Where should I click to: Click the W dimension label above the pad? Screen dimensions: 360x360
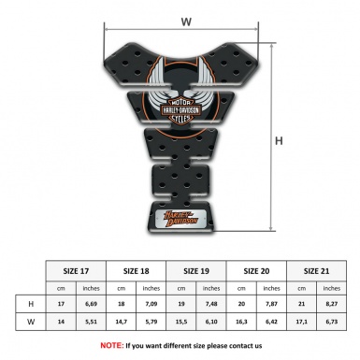(186, 20)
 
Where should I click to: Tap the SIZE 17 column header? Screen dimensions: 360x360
(77, 271)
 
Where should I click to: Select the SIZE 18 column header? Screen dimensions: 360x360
(137, 271)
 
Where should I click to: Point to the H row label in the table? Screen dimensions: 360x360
(31, 305)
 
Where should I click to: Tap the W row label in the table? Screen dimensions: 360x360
(31, 323)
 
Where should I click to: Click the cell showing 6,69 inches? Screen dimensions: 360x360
(92, 305)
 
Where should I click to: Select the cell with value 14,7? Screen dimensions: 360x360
(122, 323)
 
